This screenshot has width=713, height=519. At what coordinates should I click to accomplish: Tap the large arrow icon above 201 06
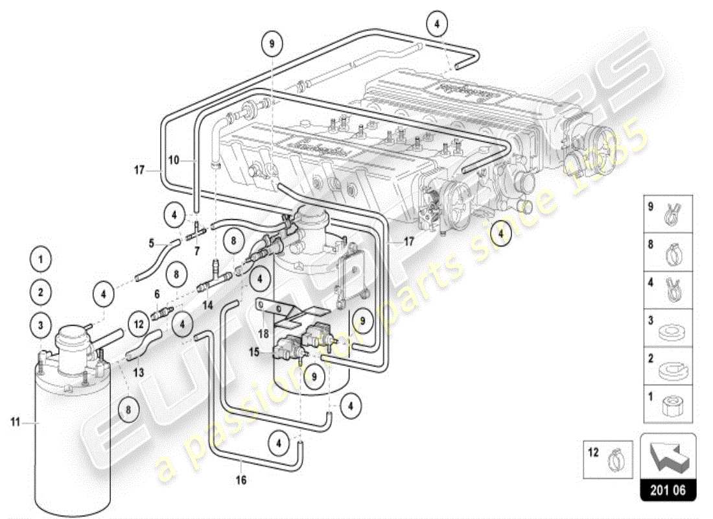pos(668,457)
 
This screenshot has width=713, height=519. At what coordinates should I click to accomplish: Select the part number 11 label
pos(14,422)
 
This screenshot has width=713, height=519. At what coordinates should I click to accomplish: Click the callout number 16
pos(242,481)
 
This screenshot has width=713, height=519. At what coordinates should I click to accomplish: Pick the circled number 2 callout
pos(40,292)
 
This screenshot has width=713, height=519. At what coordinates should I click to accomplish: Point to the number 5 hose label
pos(151,244)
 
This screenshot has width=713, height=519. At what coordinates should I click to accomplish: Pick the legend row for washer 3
pos(667,328)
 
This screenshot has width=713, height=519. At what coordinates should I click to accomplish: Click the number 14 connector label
pos(206,304)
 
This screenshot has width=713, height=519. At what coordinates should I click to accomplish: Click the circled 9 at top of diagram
pos(272,43)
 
